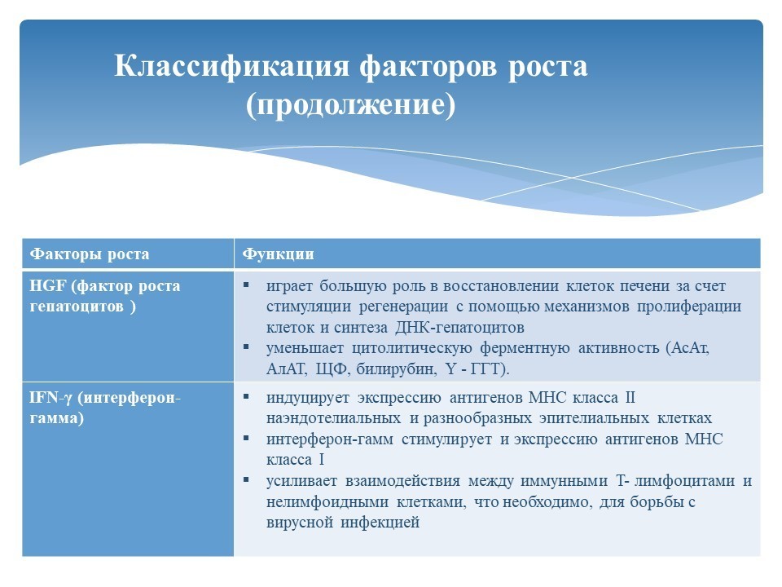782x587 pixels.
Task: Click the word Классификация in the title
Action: (x=232, y=66)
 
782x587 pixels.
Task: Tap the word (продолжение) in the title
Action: (x=350, y=105)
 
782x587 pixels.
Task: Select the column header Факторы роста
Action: (x=90, y=254)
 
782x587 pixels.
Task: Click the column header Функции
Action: (x=279, y=254)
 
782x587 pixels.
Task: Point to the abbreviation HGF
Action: (x=48, y=286)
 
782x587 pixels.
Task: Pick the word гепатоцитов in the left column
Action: (x=77, y=307)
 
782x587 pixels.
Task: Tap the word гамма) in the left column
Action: (x=56, y=418)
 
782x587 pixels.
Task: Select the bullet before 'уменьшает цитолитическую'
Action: (x=246, y=346)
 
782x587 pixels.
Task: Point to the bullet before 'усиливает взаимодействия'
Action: (x=246, y=479)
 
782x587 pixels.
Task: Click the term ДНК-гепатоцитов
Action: (x=459, y=328)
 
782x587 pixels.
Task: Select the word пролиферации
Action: (x=689, y=307)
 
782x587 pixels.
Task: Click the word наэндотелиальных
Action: (x=333, y=417)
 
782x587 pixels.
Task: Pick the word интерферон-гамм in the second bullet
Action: (x=330, y=439)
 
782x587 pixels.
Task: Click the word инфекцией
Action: (x=380, y=523)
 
